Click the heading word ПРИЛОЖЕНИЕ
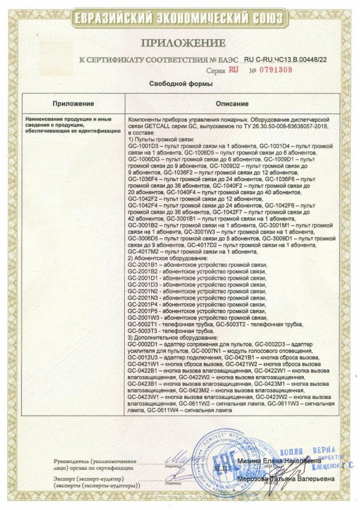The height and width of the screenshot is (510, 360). tap(183, 43)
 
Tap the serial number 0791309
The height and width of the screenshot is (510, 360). tap(275, 70)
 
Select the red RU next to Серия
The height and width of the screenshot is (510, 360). tap(233, 70)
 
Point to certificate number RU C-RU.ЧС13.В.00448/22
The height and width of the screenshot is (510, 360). tap(285, 60)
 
